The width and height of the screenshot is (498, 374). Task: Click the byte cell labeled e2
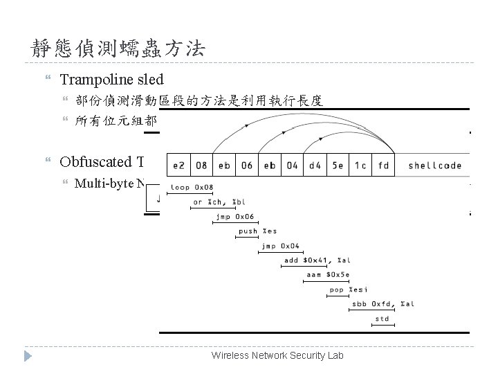point(179,166)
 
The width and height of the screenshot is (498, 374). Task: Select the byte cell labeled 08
point(202,166)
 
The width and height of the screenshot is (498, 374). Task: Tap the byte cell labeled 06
point(247,166)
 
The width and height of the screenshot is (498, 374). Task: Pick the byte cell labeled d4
point(315,166)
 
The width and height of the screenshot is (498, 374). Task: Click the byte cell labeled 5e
point(338,166)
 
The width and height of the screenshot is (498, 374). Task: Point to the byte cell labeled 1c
point(360,166)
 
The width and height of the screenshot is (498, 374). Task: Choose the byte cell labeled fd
point(383,166)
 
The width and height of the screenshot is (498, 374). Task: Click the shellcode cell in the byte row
point(434,166)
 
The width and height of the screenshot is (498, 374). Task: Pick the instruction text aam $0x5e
point(324,274)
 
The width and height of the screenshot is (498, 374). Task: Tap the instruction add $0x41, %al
point(317,260)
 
